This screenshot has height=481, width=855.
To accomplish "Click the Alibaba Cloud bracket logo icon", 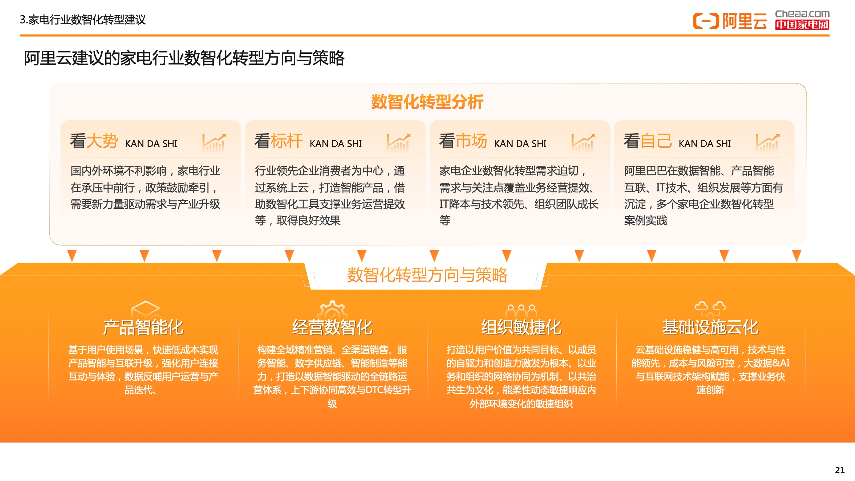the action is click(706, 21).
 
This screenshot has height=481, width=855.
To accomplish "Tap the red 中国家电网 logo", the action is click(802, 25).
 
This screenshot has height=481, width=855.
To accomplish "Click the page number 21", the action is click(840, 470).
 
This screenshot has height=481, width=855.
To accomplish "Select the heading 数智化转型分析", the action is click(427, 102).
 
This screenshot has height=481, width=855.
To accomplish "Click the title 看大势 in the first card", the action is click(94, 141).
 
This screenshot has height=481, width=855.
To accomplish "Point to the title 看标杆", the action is click(279, 141).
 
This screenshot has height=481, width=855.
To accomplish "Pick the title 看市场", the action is click(463, 141).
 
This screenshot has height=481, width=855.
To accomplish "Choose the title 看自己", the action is click(648, 141).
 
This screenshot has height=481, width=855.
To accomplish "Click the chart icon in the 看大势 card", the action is click(214, 142).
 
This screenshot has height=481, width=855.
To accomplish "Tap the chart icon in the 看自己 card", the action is click(768, 142).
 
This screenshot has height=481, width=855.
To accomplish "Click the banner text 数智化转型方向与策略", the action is click(427, 275).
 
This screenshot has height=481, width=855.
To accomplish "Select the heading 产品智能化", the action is click(143, 327).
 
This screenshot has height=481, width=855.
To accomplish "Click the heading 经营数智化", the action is click(332, 327).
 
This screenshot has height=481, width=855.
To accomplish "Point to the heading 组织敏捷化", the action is click(521, 327).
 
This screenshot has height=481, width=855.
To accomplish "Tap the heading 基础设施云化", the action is click(710, 327).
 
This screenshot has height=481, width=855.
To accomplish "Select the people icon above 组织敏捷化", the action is click(521, 311).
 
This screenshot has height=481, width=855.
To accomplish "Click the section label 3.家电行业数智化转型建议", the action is click(83, 20).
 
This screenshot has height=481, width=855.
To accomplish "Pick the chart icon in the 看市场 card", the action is click(583, 142).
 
